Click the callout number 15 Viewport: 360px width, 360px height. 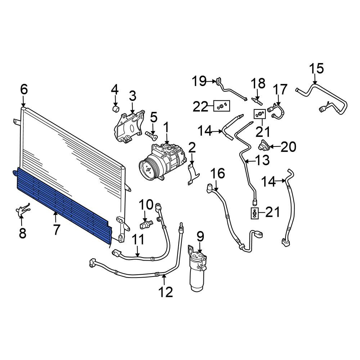point(316,68)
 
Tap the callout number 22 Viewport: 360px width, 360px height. point(200,107)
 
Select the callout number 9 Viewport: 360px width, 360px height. point(200,237)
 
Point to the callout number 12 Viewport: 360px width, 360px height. point(165,292)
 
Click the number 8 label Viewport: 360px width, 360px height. point(22,233)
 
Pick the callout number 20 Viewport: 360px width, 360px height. point(288,147)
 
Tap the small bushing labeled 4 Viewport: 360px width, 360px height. point(116,109)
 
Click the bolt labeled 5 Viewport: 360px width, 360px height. point(152,135)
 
